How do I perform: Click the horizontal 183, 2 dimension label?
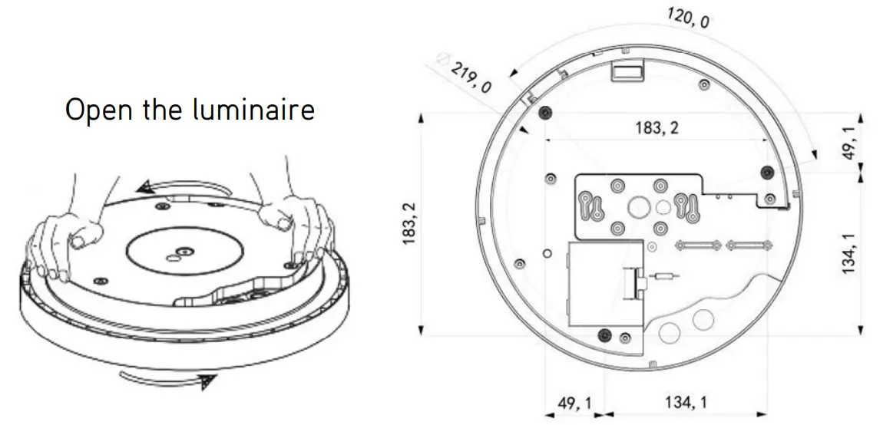click(657, 128)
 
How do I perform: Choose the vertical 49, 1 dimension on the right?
click(851, 143)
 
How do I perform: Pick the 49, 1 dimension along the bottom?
click(574, 402)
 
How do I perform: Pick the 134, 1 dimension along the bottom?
click(686, 402)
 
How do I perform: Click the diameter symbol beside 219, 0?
click(443, 58)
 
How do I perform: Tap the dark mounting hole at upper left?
click(544, 114)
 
